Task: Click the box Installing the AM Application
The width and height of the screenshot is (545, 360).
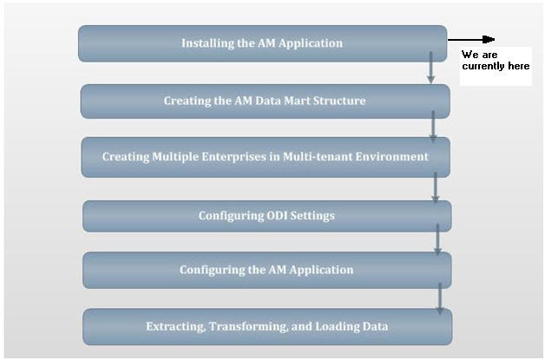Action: point(262,43)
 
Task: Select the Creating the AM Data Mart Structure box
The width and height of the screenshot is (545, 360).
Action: point(265,101)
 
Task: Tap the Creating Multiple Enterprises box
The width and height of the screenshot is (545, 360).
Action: point(265,157)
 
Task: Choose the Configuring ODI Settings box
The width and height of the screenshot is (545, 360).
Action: point(266,215)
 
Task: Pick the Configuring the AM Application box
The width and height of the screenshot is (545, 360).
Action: point(266,270)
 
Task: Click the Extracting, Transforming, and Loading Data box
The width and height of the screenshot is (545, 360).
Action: point(266,326)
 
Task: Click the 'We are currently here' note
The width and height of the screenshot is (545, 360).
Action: point(496,62)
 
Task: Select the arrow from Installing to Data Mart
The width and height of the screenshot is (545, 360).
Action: point(431,68)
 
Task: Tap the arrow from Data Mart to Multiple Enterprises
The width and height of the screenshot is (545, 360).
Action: point(433,127)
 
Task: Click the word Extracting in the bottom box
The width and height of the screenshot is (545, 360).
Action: point(175,326)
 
